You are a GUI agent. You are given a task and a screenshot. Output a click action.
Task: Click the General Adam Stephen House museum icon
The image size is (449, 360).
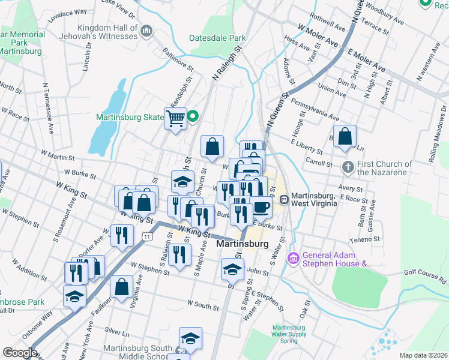click(x=294, y=258)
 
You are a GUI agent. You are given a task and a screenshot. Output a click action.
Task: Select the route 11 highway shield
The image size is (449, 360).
click(x=146, y=238)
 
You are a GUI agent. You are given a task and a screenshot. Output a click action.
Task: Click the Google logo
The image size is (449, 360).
click(x=20, y=352)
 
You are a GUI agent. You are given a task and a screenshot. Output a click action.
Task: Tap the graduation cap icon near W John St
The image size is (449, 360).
click(x=232, y=269)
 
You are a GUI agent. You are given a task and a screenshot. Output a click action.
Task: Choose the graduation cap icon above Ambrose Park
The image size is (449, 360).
click(x=75, y=296)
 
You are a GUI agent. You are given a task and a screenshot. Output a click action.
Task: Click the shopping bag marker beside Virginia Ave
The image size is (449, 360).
click(x=122, y=287)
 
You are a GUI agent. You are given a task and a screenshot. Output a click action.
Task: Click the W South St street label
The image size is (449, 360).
click(x=203, y=305)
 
